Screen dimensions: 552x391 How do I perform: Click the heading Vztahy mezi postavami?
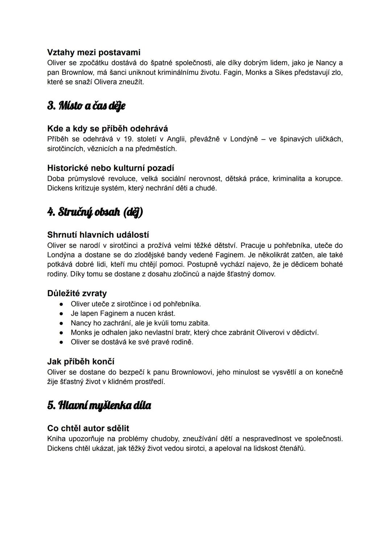click(94, 52)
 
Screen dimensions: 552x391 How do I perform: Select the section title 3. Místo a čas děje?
click(86, 106)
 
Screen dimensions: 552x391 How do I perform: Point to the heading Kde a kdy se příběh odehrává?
click(108, 128)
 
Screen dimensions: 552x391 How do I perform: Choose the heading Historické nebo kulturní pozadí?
click(110, 168)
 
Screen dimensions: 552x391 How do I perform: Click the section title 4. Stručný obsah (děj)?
click(95, 212)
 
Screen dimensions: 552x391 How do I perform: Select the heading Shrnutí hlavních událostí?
click(98, 235)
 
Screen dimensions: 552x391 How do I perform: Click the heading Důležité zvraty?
click(77, 293)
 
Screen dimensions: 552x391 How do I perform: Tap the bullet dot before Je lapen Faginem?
click(62, 313)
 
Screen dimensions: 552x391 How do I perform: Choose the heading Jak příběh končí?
click(81, 361)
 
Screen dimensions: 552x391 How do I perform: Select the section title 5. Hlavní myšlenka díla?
click(99, 405)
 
